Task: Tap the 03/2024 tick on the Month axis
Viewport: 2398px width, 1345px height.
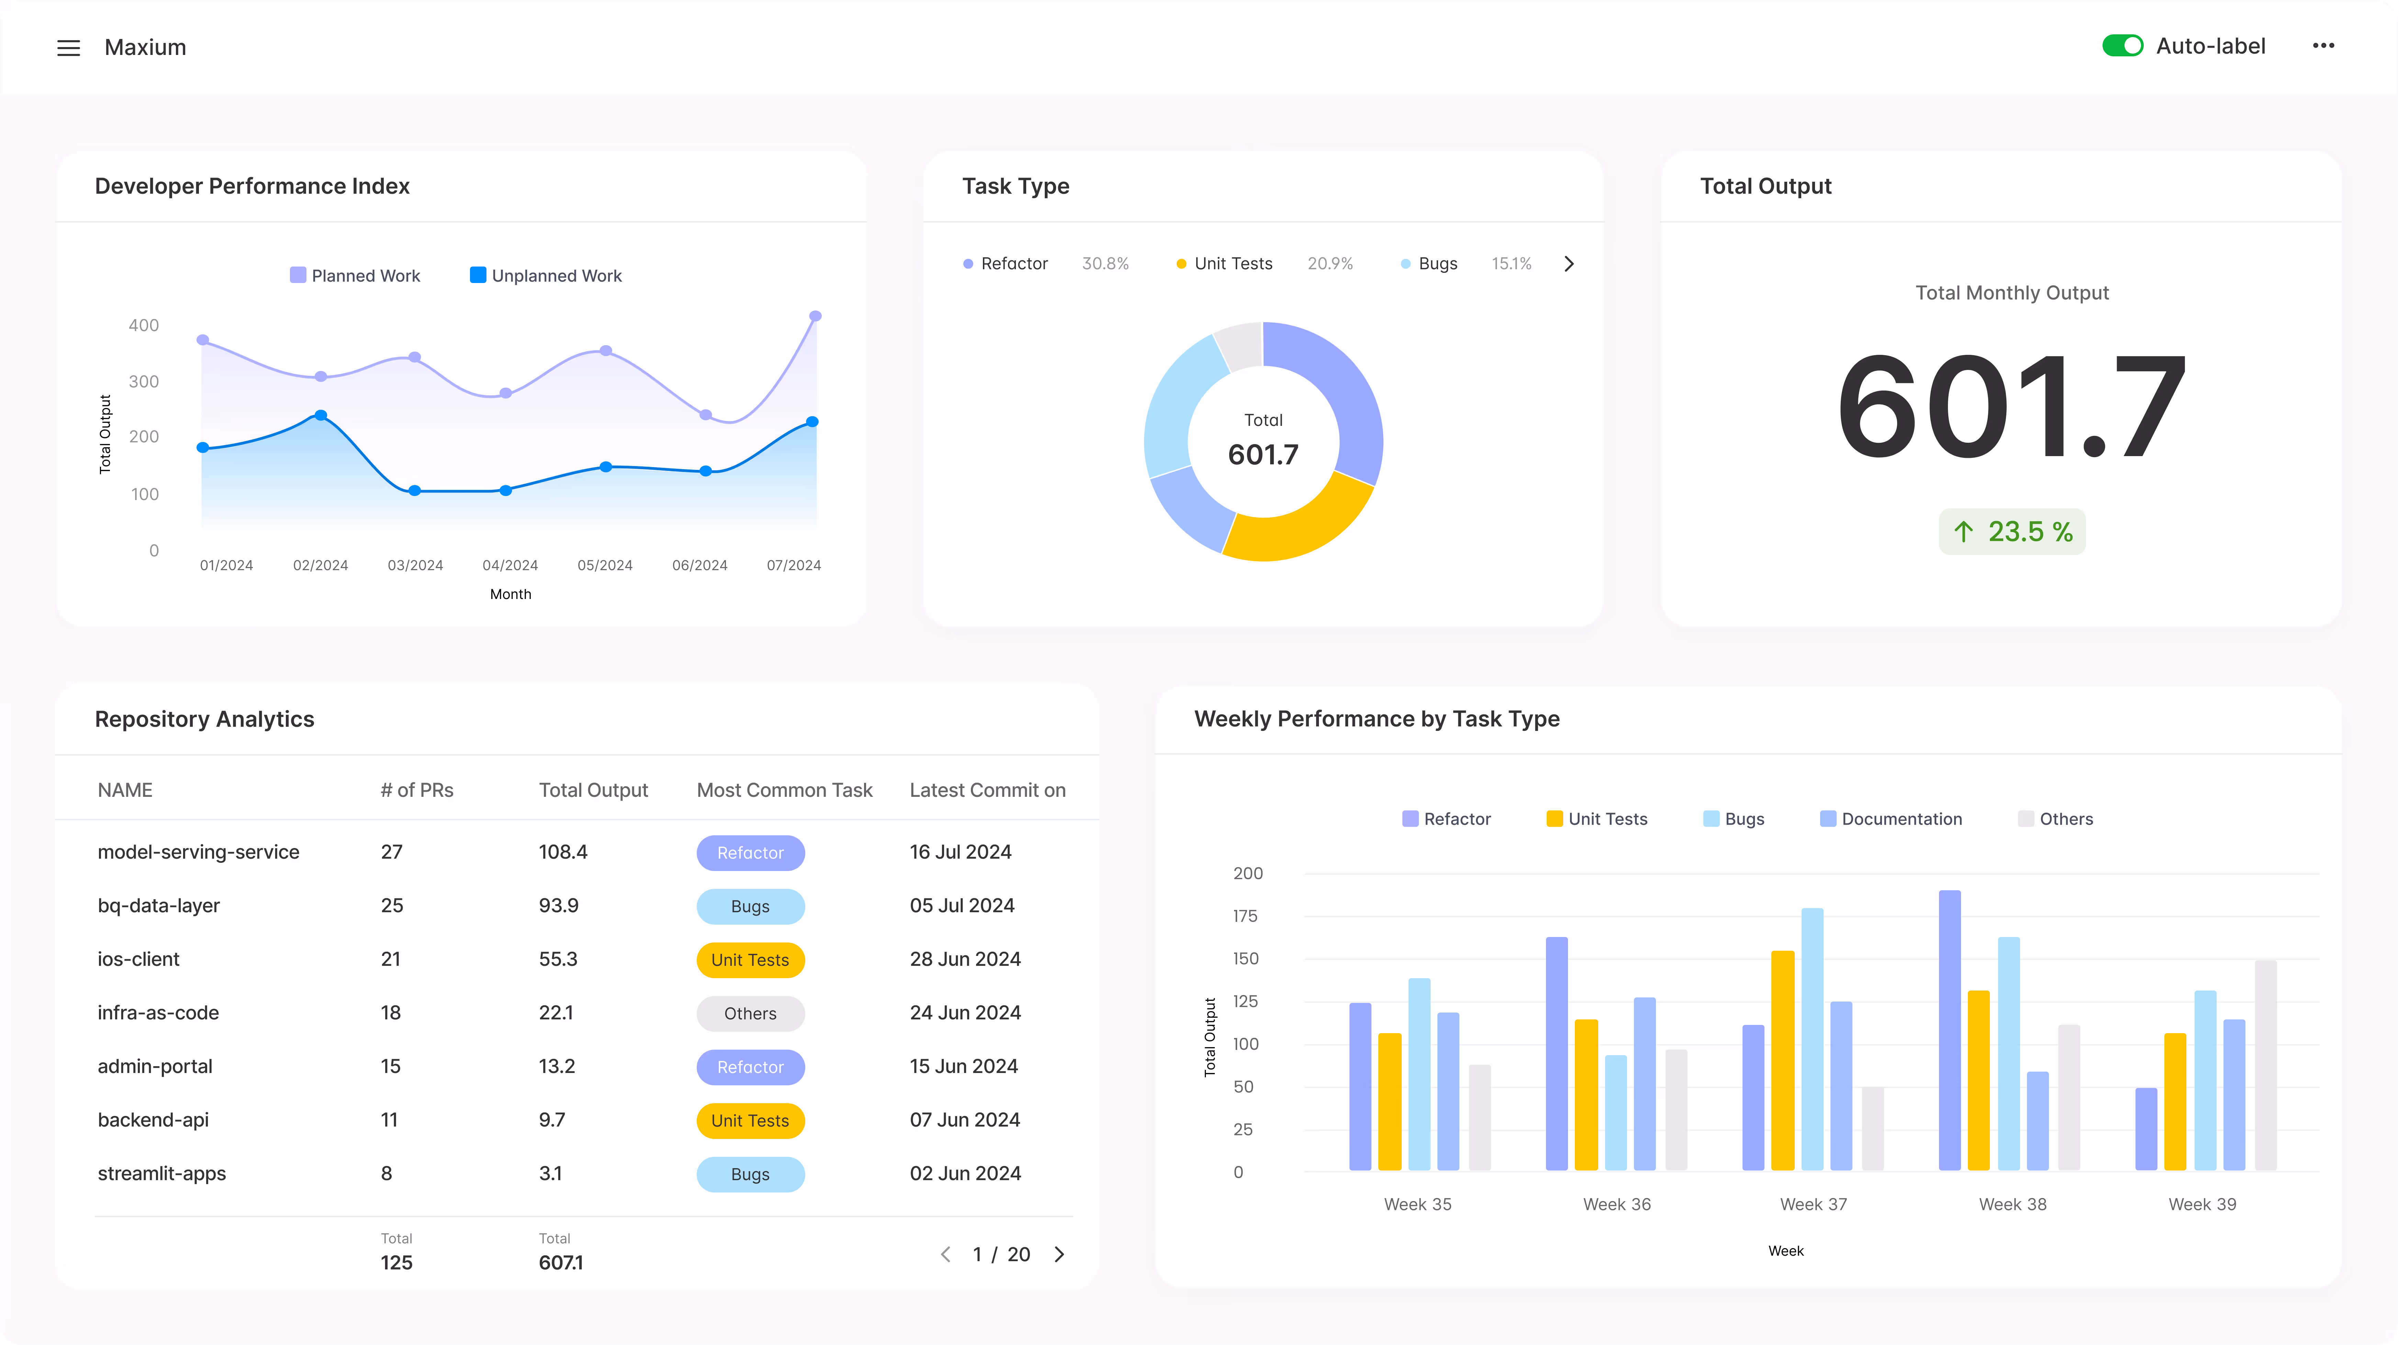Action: [x=415, y=565]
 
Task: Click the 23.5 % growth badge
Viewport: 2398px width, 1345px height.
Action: [x=2012, y=531]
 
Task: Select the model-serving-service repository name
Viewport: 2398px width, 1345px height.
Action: [x=198, y=852]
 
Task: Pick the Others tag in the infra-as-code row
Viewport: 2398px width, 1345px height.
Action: [x=750, y=1014]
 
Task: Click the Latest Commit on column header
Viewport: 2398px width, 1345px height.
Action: [x=987, y=790]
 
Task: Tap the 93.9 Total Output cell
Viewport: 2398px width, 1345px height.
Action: [x=559, y=906]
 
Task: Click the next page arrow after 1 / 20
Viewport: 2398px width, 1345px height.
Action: [x=1060, y=1255]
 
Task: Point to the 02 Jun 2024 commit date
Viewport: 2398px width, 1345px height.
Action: [x=965, y=1174]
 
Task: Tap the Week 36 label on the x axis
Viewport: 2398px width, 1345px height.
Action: [x=1617, y=1205]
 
